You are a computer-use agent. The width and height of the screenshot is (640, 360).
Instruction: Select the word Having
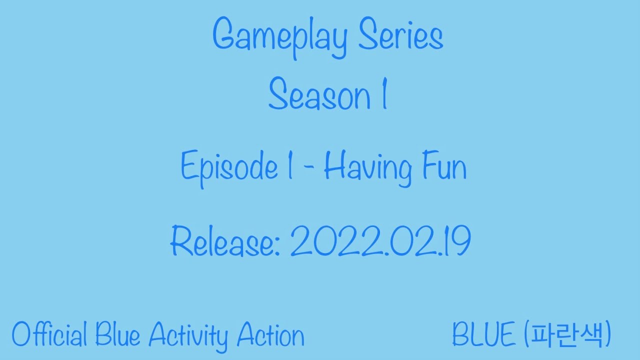[368, 169]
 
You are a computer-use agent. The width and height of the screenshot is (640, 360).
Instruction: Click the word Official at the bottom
[49, 334]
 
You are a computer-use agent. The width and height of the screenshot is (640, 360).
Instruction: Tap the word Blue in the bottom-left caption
[119, 334]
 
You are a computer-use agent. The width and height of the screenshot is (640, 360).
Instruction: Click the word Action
[270, 334]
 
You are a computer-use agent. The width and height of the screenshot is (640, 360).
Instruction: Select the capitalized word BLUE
[484, 334]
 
